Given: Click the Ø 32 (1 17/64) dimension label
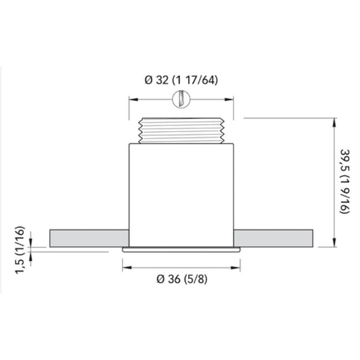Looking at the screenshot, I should [181, 80].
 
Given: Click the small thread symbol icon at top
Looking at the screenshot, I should [181, 100].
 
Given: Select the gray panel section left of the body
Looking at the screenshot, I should [89, 237].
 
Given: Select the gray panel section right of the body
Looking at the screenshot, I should [275, 237].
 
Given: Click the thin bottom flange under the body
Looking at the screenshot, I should [181, 250].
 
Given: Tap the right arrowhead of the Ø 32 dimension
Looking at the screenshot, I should [231, 100].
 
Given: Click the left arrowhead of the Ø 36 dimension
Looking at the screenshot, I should [125, 267].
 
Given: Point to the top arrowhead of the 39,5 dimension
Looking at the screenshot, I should [334, 121].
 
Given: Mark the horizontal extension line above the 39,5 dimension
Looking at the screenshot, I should [288, 118].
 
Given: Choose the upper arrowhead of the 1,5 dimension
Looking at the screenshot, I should [32, 243].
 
